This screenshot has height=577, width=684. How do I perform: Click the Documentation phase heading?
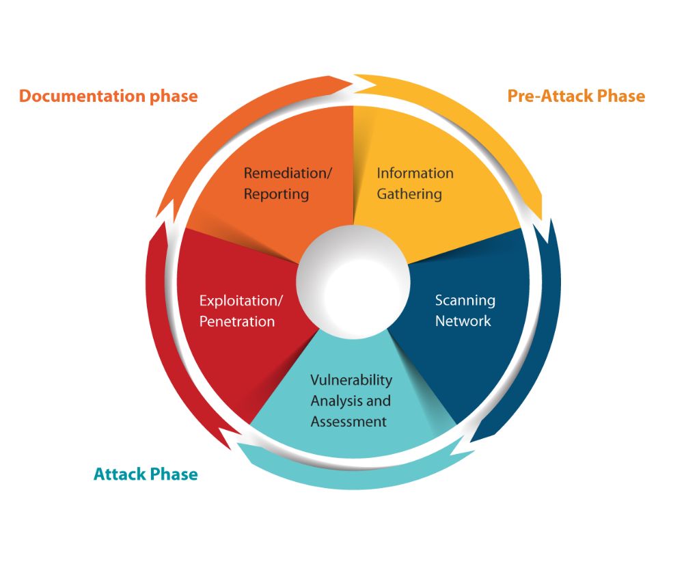108,96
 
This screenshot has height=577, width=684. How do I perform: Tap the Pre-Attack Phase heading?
576,96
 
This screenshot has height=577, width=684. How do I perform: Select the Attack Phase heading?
146,474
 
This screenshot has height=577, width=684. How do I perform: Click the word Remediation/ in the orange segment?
288,173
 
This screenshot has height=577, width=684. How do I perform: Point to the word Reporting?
276,194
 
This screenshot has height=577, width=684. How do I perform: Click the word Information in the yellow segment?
415,173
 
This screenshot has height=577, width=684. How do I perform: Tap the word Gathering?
409,194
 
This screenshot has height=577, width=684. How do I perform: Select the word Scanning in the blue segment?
465,300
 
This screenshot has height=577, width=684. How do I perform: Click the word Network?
463,321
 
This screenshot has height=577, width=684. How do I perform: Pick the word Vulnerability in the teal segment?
351,379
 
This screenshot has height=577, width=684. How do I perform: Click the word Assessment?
348,422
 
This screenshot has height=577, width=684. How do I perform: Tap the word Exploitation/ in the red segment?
241,300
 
